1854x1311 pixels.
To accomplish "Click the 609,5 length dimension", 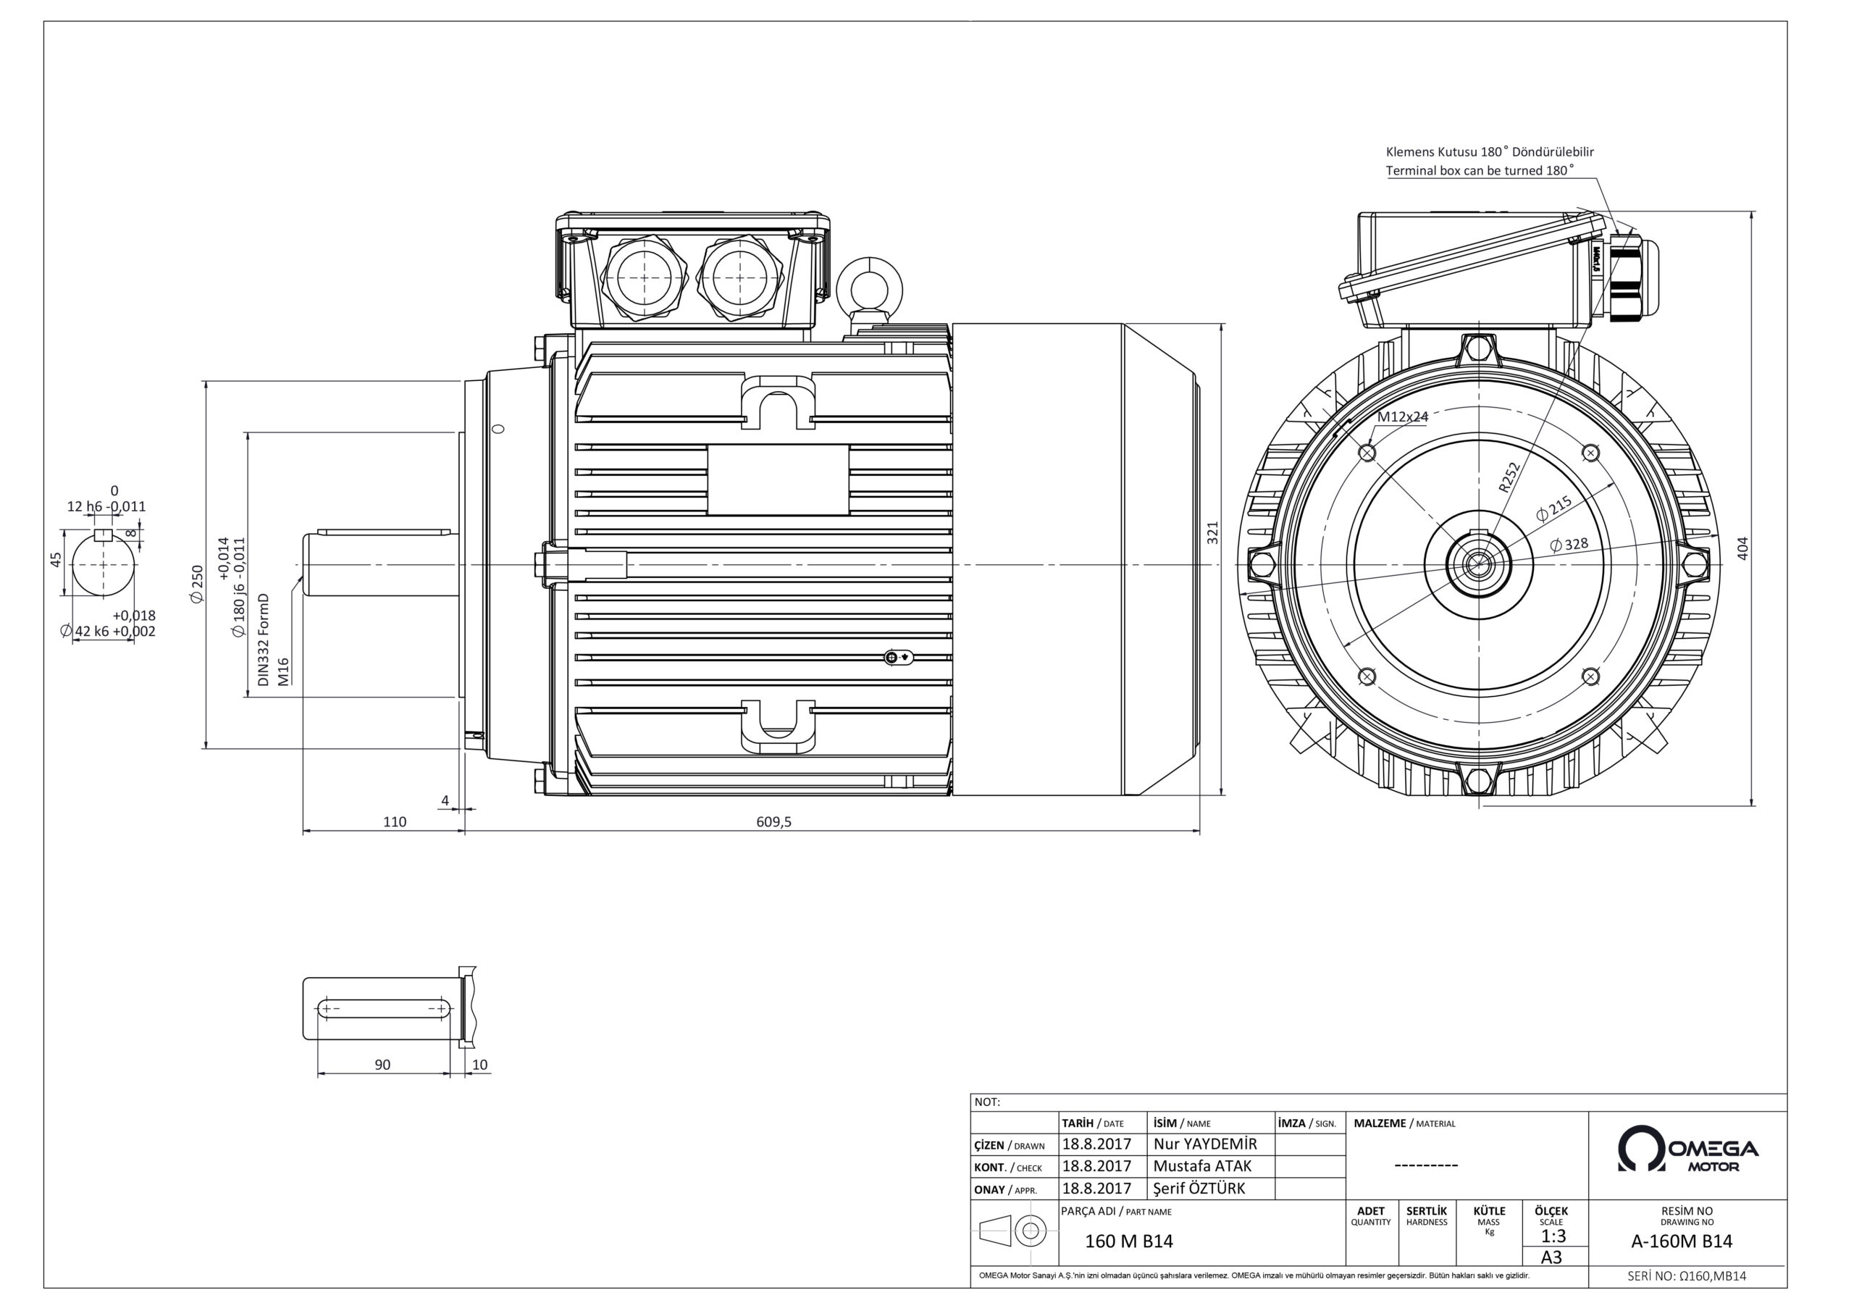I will [773, 821].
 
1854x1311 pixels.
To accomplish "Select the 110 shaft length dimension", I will [394, 821].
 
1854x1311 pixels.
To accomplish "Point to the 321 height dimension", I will [1212, 532].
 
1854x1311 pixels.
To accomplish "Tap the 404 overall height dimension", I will [1742, 548].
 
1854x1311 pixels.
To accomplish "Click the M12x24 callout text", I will [1403, 416].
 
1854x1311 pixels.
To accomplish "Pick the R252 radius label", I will [1509, 477].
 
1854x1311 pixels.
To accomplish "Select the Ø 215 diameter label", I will [1553, 508].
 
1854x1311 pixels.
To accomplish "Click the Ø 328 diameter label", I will [1569, 545].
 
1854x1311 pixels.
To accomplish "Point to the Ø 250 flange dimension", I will [197, 582].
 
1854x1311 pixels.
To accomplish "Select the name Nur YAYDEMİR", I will [1205, 1144].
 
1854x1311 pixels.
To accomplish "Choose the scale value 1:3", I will [1553, 1236].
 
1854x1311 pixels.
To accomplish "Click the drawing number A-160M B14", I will [1681, 1241].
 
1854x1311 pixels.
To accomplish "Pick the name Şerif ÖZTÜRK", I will [1199, 1188].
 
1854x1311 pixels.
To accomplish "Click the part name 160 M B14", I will [1128, 1241].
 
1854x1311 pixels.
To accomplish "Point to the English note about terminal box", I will [1480, 170].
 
